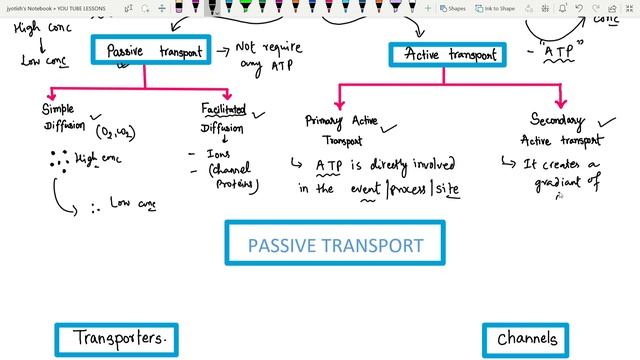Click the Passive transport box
click(151, 50)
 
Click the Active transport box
click(449, 55)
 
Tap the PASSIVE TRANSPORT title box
click(335, 245)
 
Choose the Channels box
click(527, 340)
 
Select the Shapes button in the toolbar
click(452, 7)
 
